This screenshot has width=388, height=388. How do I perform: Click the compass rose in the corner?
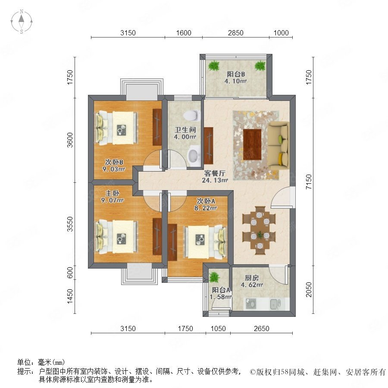pos(22,22)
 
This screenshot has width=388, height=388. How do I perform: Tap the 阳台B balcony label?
pos(235,78)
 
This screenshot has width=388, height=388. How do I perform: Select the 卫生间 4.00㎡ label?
pos(185,133)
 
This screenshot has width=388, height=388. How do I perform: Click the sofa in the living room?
pos(278,144)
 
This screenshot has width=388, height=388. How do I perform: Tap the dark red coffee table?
pos(252,144)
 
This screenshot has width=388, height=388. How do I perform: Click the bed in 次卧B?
pos(117,127)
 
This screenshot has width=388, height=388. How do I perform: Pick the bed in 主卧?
pos(117,237)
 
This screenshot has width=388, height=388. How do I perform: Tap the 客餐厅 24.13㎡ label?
pos(215,176)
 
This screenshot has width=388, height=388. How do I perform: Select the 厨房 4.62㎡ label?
pos(252,281)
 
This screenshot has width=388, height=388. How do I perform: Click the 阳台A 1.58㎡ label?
pos(221,293)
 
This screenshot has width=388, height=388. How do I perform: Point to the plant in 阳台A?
pos(214,278)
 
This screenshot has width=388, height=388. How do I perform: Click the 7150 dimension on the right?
pos(309,182)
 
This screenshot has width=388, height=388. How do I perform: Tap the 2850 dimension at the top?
pos(235,33)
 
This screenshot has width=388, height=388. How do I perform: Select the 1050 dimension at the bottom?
pos(218,329)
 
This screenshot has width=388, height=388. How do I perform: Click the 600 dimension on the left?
pos(70,272)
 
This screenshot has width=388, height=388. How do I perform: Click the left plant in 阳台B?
pos(214,66)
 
